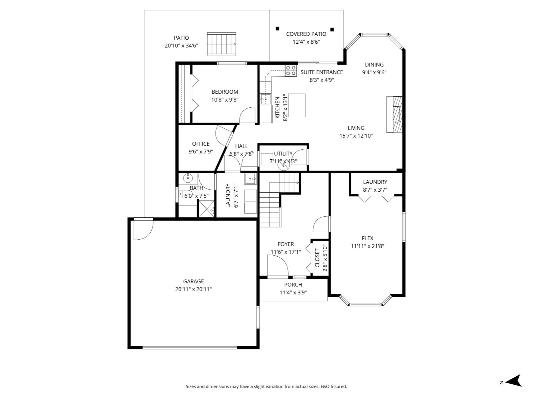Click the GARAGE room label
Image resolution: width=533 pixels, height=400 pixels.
[193, 281]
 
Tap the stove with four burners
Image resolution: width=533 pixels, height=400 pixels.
[291, 71]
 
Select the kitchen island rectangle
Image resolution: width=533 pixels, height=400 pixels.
[297, 105]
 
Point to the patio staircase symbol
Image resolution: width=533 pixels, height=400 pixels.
[222, 44]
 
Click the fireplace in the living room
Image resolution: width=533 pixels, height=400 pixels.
[395, 114]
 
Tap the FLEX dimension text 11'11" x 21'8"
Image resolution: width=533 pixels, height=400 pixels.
[367, 246]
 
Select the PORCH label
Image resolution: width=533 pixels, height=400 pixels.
[293, 285]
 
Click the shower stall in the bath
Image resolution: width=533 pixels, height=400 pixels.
[207, 209]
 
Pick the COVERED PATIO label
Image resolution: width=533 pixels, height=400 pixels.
[306, 34]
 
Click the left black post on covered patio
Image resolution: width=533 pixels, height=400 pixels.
[277, 29]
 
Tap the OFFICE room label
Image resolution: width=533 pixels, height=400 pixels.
[201, 144]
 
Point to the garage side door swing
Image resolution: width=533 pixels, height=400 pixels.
[143, 229]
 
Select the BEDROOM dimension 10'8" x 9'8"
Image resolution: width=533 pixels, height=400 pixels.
[225, 100]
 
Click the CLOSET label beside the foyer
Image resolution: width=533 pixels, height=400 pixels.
[317, 258]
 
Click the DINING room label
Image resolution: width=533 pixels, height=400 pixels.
[374, 65]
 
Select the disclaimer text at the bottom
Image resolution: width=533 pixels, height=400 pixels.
[266, 387]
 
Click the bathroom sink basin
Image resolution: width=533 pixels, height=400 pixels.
[188, 178]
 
